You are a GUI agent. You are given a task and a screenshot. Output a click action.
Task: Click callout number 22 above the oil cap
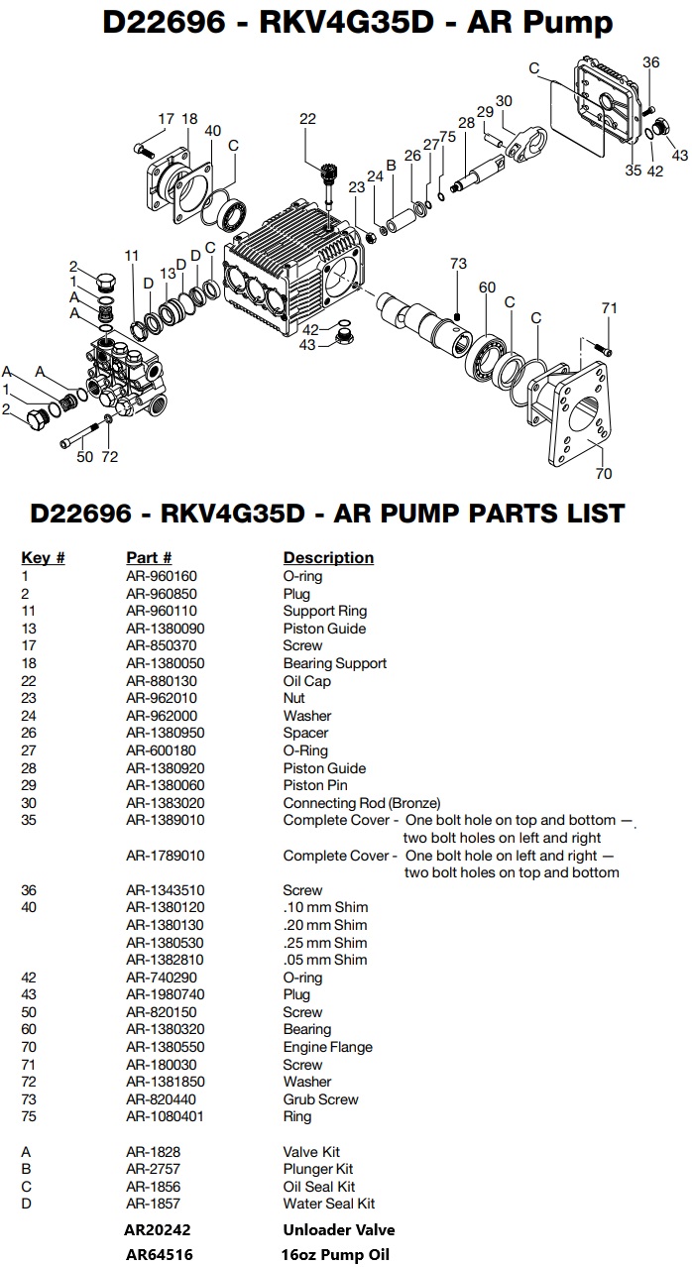(307, 119)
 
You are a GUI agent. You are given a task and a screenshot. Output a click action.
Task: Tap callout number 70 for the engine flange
(604, 473)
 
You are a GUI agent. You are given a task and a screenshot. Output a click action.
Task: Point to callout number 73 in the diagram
(458, 264)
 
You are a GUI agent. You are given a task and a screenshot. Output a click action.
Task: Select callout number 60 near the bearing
(487, 288)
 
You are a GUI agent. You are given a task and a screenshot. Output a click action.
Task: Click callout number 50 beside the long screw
(85, 456)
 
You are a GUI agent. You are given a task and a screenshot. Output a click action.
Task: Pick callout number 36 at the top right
(650, 62)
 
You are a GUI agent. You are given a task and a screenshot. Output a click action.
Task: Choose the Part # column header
(149, 557)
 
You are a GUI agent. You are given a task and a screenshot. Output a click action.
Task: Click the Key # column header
(43, 557)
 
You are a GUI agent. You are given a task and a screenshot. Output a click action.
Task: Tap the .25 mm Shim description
(325, 943)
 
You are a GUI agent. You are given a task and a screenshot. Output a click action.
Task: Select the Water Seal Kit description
(329, 1204)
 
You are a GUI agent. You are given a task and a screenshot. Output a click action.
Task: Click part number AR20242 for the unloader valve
(159, 1229)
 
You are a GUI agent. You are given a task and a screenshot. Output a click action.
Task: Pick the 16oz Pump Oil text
(337, 1254)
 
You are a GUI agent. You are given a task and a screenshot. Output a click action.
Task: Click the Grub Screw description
(321, 1099)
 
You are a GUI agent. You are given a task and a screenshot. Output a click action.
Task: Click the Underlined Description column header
(328, 557)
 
